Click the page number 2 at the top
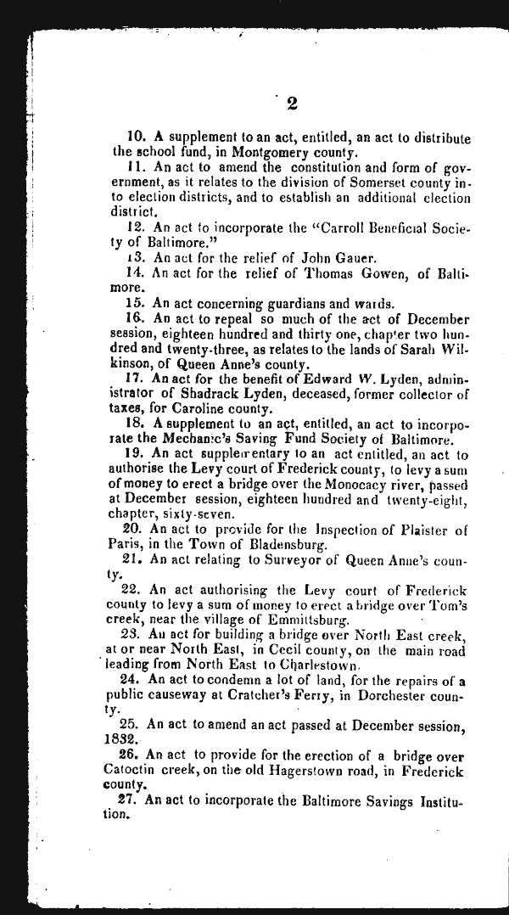point(291,104)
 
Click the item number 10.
point(137,138)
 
